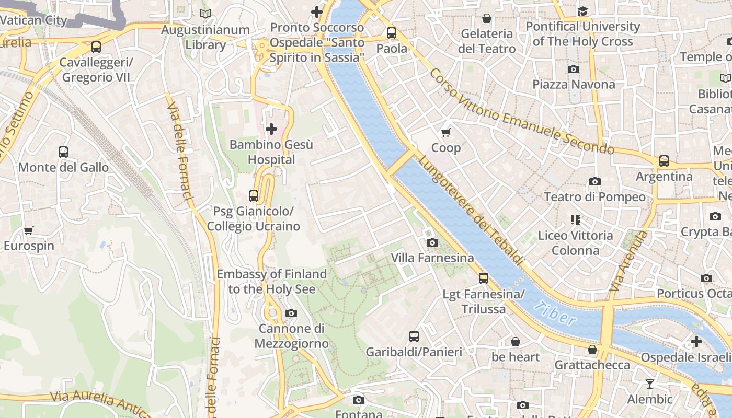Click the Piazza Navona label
click(x=574, y=84)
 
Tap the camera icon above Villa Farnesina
click(x=432, y=242)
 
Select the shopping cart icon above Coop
click(x=445, y=132)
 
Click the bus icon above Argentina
click(x=664, y=161)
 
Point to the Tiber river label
click(x=556, y=313)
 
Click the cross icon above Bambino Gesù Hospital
click(x=271, y=129)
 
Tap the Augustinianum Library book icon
click(x=205, y=14)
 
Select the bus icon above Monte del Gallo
click(x=63, y=152)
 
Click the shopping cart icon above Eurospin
click(x=29, y=230)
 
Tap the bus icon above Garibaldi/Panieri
click(x=414, y=336)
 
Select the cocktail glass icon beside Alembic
click(x=649, y=384)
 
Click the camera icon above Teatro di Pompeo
click(x=594, y=181)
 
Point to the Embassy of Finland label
click(x=271, y=282)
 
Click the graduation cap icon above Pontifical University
click(x=582, y=11)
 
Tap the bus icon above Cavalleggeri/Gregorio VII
click(x=96, y=47)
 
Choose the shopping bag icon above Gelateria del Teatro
click(x=486, y=18)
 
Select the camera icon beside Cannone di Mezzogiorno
click(x=291, y=313)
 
